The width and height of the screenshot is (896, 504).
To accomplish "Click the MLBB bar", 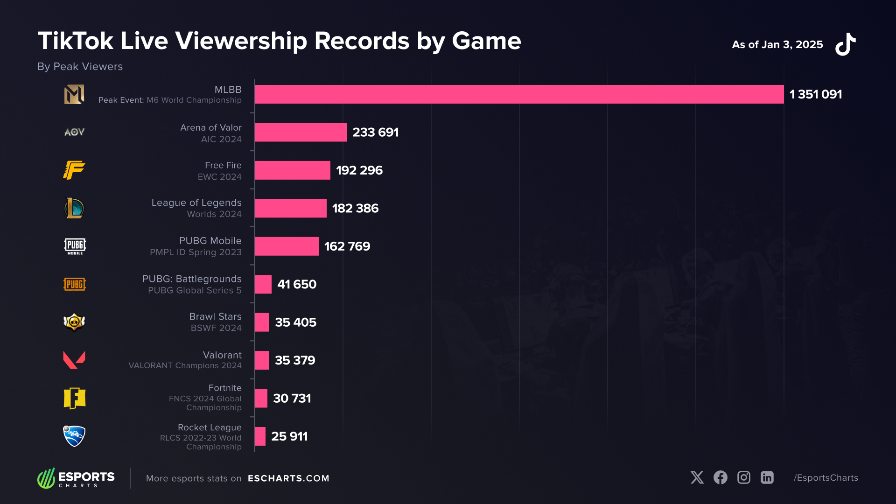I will coord(519,94).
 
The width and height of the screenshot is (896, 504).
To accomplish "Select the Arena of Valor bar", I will coord(301,132).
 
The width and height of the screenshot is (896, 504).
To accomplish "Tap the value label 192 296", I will coord(359,170).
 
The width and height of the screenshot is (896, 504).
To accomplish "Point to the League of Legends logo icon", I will coord(74,208).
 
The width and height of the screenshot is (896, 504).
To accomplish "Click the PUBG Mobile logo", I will coord(75,246).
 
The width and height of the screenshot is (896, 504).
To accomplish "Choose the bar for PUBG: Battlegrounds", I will coord(263,284).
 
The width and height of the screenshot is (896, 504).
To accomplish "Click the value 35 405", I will coord(295,322).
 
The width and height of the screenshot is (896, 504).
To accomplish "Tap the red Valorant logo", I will coord(74,360).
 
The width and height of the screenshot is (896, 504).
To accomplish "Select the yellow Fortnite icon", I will coord(75,398).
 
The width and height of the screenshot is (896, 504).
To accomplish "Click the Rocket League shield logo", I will coord(74,436).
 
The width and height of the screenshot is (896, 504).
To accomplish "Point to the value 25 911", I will coord(289,436).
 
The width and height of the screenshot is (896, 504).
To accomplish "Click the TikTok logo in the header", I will coord(846,44).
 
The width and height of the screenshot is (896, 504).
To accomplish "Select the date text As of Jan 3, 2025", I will coord(777,45).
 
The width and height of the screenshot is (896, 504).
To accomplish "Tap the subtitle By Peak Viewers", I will coord(80,67).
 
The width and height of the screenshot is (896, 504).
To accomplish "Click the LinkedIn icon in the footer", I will coord(767,477).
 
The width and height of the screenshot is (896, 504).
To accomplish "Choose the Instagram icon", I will coord(743,477).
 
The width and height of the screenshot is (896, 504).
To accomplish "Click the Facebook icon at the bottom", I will coord(720,477).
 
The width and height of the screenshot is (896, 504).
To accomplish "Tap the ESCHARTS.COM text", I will coord(288,478).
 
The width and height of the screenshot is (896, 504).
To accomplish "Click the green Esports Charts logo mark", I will coord(47,478).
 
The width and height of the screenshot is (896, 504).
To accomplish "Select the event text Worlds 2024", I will coord(214,214).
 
